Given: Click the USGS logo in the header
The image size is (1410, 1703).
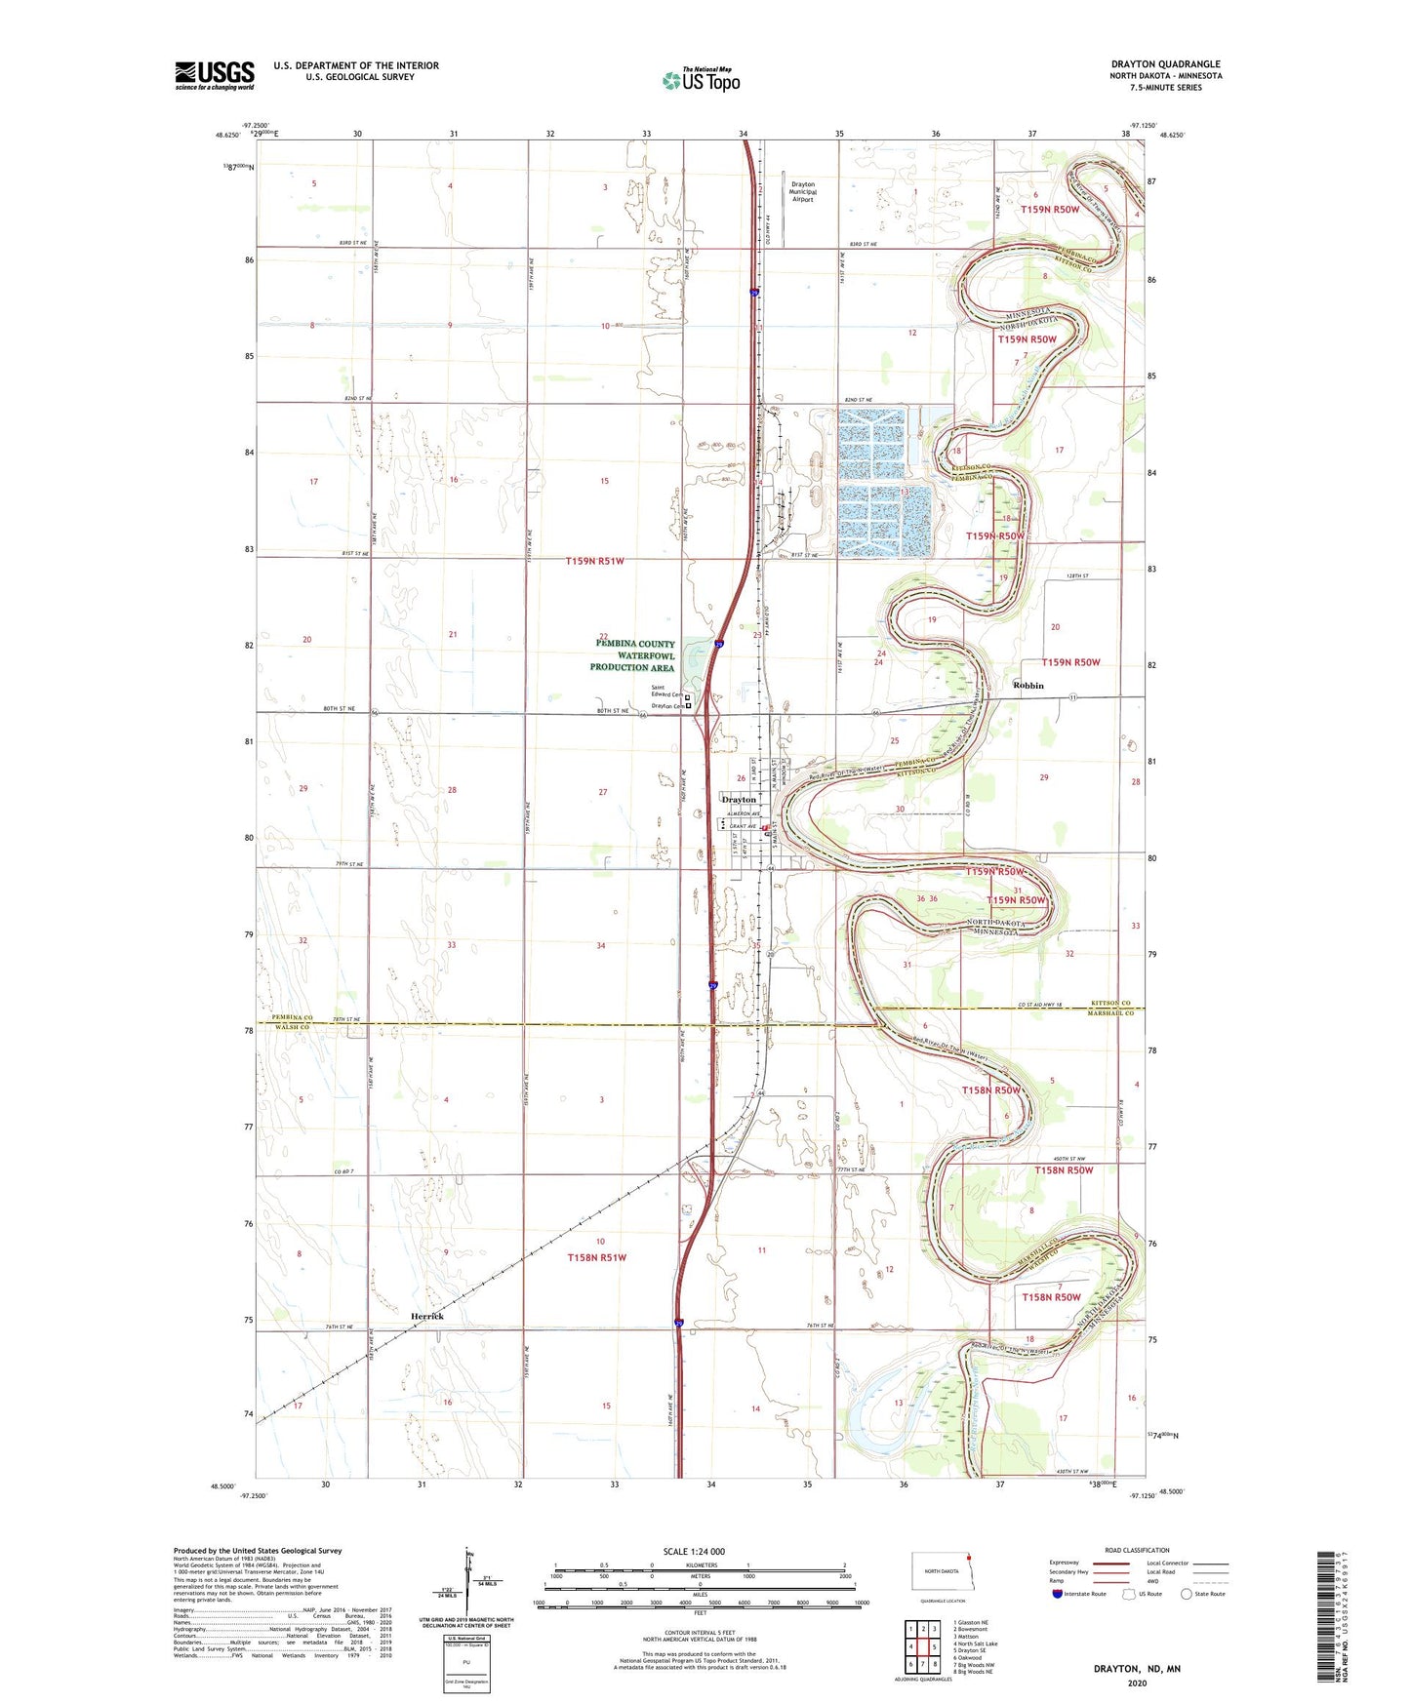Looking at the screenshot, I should [215, 75].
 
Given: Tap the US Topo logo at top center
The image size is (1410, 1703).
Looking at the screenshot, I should [701, 80].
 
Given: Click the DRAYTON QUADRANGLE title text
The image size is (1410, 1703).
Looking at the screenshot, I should [1165, 64].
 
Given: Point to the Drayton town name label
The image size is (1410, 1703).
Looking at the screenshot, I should [739, 800].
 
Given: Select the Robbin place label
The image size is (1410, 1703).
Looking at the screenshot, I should [1027, 686].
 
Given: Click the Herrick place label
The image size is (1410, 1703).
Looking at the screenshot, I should [426, 1316].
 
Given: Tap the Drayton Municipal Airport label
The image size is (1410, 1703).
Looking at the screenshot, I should [802, 191].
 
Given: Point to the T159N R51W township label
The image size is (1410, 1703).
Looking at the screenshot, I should [594, 562].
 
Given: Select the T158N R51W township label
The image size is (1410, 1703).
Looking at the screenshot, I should [596, 1257].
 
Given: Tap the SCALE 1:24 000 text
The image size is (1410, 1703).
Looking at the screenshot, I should [694, 1551].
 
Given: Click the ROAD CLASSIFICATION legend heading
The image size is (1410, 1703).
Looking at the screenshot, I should [1137, 1550].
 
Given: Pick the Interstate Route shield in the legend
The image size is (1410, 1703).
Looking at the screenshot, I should [1058, 1594].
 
